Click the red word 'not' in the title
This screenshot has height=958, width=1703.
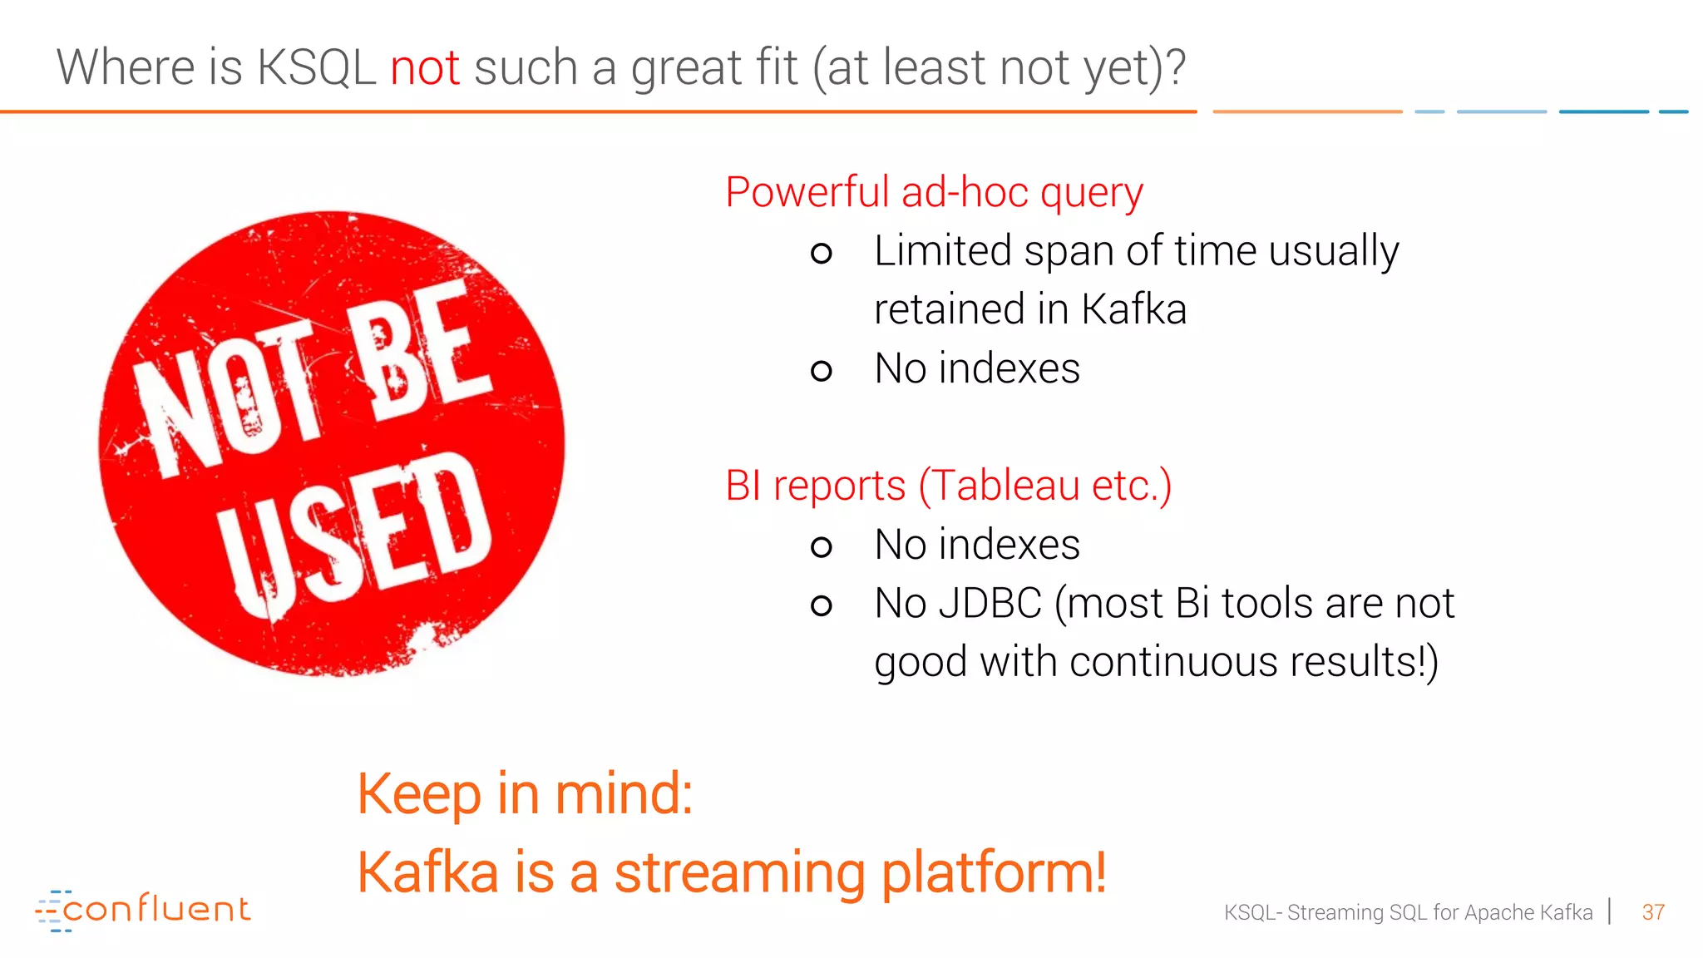click(425, 67)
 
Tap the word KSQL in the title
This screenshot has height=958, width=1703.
click(316, 67)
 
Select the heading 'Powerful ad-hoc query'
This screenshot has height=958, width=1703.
click(934, 193)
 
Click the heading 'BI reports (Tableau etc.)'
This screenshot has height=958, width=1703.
click(948, 486)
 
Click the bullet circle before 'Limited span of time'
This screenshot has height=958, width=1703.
click(821, 253)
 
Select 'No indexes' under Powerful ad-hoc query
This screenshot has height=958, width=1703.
click(977, 368)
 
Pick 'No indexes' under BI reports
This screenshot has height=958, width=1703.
click(977, 545)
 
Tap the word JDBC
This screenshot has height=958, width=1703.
click(990, 603)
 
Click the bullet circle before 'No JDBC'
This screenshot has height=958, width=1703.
click(821, 605)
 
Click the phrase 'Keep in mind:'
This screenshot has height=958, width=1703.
click(525, 794)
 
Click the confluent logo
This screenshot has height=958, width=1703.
click(143, 910)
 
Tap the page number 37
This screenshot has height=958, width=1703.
click(1652, 912)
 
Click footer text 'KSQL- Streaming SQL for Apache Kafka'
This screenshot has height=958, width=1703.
click(1407, 912)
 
